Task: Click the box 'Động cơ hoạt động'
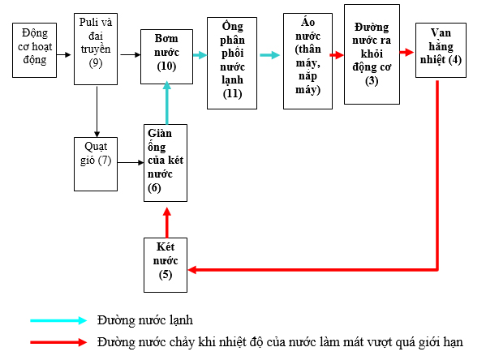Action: point(35,49)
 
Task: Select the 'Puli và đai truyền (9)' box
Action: point(97,49)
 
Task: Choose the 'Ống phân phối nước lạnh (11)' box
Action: point(232,63)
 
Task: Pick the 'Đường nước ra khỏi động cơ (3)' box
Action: point(372,54)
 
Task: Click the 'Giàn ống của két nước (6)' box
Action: point(166,163)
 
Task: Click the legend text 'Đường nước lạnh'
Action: point(144,320)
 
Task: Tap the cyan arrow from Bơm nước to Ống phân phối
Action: point(198,54)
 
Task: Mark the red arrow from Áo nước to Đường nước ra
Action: point(335,54)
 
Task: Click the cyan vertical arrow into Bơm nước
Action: point(166,102)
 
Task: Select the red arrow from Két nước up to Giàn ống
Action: point(166,220)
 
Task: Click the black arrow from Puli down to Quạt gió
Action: point(97,110)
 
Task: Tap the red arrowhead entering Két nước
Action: point(192,269)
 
